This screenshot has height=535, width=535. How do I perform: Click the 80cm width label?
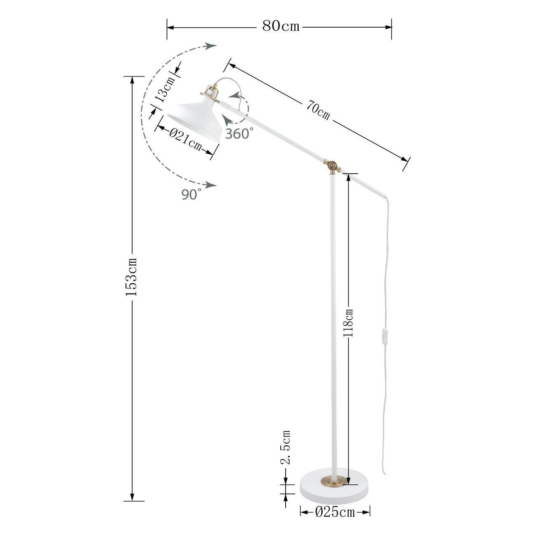pyautogui.click(x=281, y=26)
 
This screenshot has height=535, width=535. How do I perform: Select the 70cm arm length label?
pyautogui.click(x=318, y=111)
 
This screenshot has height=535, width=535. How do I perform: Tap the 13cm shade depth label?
pyautogui.click(x=165, y=89)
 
